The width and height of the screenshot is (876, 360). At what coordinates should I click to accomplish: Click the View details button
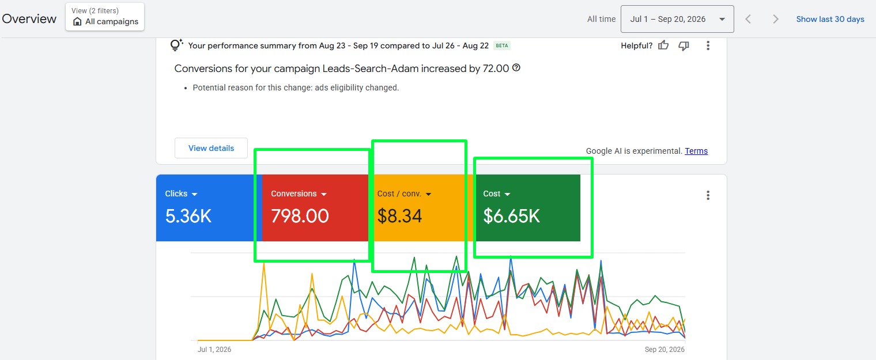point(211,148)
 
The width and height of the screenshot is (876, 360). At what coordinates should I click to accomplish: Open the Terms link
point(696,151)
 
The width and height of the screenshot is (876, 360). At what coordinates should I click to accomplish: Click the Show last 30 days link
point(830,19)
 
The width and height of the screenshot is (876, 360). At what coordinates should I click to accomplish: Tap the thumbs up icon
point(663,46)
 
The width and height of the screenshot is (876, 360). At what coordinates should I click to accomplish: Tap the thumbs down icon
point(684,46)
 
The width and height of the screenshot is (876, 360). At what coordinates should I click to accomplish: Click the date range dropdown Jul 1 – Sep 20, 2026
point(677,19)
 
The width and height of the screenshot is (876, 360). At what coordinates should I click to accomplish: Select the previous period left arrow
point(748,19)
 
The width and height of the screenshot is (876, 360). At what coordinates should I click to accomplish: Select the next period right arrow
point(776,19)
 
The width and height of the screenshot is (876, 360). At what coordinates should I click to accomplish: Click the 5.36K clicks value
point(188,216)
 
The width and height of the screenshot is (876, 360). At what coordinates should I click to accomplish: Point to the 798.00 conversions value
point(300,216)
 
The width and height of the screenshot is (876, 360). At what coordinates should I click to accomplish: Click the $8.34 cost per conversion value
point(400,216)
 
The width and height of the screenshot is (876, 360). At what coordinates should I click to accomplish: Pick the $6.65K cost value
point(512,216)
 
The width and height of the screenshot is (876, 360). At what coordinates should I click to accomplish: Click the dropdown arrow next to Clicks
point(195,194)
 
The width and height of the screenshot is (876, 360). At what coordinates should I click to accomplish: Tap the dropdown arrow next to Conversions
point(324,194)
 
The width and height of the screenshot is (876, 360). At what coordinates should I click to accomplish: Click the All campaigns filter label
point(112,21)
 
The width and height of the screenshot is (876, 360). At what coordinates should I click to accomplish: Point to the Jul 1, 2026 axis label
point(214,350)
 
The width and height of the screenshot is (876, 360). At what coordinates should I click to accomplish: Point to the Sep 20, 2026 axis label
point(664,350)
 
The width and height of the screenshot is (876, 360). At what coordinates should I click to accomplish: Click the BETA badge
point(502,46)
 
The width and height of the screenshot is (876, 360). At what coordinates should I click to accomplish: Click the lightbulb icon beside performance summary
point(176,45)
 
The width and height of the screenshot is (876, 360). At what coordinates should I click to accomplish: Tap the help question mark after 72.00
point(516,67)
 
